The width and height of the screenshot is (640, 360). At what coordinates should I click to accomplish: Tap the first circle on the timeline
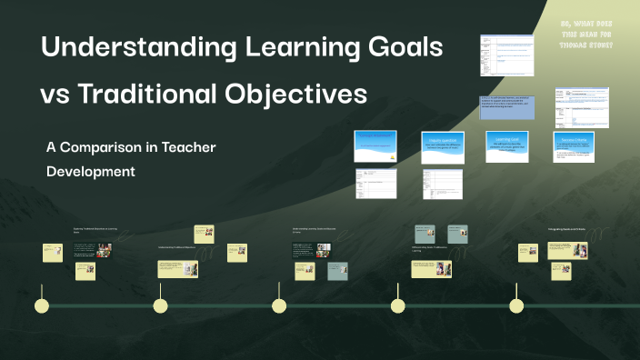pyautogui.click(x=41, y=305)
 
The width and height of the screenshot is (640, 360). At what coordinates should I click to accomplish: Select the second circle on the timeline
pyautogui.click(x=160, y=305)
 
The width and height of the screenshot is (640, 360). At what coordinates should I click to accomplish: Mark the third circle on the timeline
pyautogui.click(x=279, y=305)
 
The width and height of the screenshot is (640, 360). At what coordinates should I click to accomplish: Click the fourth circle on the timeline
pyautogui.click(x=397, y=305)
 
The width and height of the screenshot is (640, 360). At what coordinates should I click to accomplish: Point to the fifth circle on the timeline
pyautogui.click(x=516, y=305)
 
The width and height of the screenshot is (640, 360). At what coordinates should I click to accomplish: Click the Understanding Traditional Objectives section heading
pyautogui.click(x=176, y=246)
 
